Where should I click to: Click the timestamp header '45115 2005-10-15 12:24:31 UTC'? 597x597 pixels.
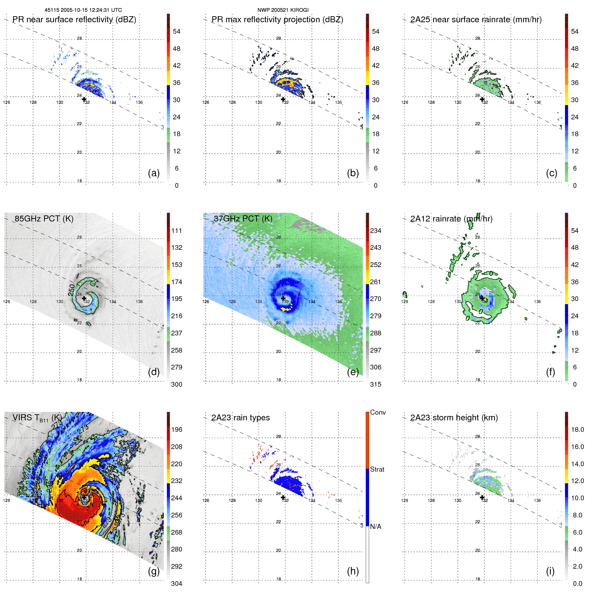83,10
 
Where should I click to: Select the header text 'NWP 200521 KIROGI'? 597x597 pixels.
283,10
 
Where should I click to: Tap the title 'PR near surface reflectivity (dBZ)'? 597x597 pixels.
74,20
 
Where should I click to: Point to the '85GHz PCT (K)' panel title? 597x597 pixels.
44,218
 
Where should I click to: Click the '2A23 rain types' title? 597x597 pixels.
240,418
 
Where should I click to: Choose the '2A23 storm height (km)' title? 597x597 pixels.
454,418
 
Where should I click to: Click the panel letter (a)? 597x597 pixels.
154,173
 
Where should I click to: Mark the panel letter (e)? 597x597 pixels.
353,372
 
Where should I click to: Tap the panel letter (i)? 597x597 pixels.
550,571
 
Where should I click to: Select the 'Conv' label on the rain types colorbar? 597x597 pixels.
378,412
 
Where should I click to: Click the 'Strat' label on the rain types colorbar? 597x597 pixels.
377,469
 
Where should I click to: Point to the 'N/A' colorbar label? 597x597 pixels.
376,527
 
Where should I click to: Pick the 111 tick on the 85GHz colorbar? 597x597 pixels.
177,231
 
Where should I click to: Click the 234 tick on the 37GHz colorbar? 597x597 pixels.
376,231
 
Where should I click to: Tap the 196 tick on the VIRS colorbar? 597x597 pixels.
177,429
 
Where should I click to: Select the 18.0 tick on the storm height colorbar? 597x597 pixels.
577,429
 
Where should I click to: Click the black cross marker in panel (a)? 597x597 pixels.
84,99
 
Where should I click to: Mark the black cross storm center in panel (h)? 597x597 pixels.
283,498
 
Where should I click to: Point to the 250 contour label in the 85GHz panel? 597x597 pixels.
71,290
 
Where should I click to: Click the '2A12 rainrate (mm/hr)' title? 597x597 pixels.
451,219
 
